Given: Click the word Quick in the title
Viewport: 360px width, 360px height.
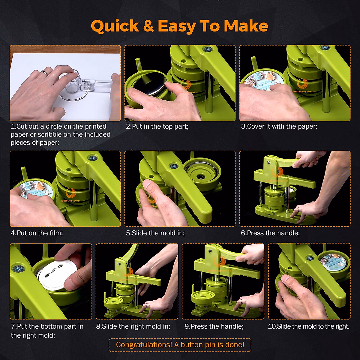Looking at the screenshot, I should [x=115, y=26].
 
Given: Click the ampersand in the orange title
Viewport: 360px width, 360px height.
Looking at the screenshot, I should [x=148, y=26].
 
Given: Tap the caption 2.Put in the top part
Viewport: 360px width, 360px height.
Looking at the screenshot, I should [x=157, y=127].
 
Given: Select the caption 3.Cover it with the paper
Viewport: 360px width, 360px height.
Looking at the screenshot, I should [x=279, y=127].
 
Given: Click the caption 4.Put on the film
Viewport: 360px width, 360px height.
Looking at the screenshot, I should [x=37, y=233].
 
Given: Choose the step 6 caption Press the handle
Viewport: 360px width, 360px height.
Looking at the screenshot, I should [x=270, y=233].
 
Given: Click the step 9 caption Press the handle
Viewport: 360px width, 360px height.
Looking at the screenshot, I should [x=214, y=326].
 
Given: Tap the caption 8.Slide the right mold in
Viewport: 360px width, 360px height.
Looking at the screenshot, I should [x=133, y=326].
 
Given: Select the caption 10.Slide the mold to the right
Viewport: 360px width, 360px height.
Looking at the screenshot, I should [x=309, y=326].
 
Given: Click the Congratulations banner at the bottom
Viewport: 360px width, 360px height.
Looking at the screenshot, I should [x=180, y=345].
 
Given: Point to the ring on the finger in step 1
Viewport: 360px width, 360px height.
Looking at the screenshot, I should [x=44, y=73].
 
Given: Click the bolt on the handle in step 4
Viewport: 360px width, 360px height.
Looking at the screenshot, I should [x=91, y=157].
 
